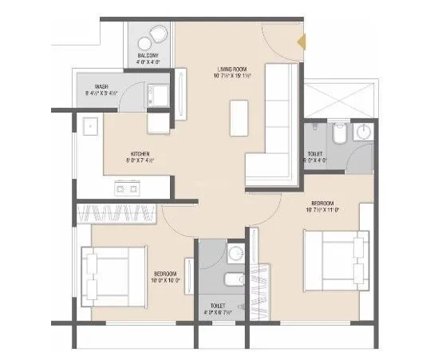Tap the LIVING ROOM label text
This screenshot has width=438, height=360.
233,72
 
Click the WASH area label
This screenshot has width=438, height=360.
102,89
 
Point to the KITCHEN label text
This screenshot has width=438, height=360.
141,156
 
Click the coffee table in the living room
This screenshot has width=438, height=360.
238,118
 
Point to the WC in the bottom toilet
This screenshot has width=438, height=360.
231,280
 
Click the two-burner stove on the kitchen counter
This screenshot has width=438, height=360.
128,188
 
